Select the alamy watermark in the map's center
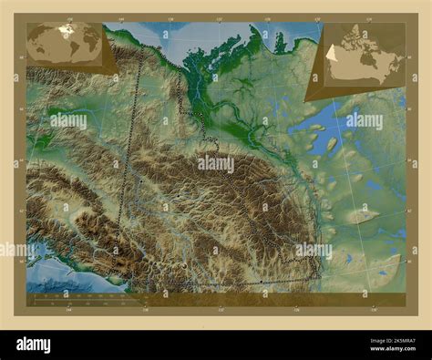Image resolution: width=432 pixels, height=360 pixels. pyautogui.click(x=216, y=165)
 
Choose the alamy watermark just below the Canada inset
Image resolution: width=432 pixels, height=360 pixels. pyautogui.click(x=365, y=120)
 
